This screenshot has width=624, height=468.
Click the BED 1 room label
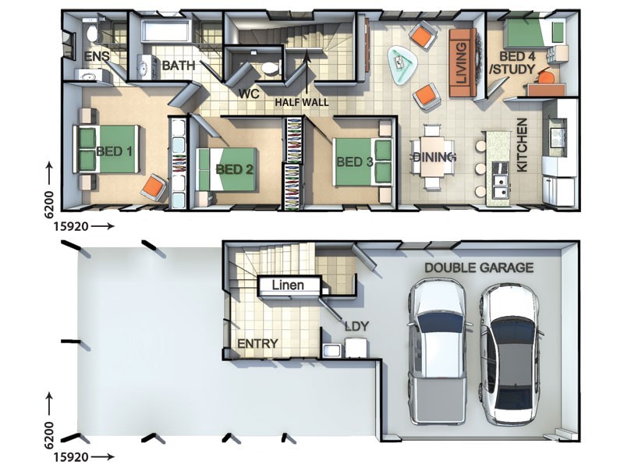[114, 151]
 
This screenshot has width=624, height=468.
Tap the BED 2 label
[235, 170]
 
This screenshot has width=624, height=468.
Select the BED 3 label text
[355, 162]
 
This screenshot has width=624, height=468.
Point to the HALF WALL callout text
[302, 102]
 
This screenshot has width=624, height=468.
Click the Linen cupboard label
[288, 285]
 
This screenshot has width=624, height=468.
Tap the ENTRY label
[257, 343]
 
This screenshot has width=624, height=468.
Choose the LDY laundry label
[357, 327]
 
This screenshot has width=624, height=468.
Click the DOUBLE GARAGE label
[479, 268]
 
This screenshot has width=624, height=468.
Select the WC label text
[249, 94]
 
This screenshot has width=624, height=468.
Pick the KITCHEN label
[522, 145]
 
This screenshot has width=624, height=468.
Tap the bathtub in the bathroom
[166, 31]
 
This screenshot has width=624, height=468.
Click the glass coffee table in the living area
[402, 65]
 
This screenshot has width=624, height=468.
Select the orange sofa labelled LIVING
[463, 63]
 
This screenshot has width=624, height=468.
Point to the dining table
[432, 157]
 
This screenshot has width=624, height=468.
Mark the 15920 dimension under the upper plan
[71, 226]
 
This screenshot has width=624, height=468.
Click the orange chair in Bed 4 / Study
[548, 77]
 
